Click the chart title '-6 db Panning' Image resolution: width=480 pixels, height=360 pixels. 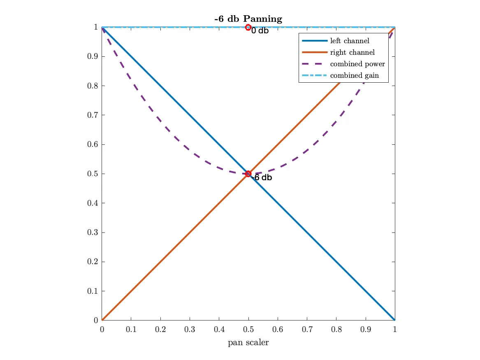coord(248,19)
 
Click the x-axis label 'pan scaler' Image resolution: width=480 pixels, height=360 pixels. coord(248,342)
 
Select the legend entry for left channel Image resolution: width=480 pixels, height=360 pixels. coord(349,41)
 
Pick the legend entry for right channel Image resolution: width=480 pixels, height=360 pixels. coord(352,52)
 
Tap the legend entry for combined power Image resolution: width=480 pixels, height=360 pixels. coord(357,64)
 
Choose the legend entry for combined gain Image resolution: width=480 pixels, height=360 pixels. coord(354,75)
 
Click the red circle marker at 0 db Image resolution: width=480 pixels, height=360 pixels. coord(248,27)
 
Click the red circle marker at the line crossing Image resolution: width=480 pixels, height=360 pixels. coord(248,174)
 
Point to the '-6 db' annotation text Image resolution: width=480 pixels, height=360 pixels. coord(262,178)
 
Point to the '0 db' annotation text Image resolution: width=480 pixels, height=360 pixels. coord(260,31)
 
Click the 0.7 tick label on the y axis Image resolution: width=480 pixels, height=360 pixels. coord(92,115)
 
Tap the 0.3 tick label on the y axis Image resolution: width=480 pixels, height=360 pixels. coord(92,232)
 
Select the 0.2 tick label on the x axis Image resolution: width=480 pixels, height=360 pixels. coord(160,330)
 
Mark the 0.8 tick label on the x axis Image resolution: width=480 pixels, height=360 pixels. coord(336,330)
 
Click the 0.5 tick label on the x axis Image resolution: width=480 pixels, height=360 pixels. coord(248,330)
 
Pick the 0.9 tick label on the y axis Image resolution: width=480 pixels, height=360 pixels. coord(92,56)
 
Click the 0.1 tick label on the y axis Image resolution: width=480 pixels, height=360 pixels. coord(92,291)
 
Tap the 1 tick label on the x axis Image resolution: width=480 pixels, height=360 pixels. coord(395,330)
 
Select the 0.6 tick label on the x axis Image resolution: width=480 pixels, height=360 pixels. coord(278,330)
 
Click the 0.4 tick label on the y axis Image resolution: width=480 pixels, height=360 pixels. coord(92,203)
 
